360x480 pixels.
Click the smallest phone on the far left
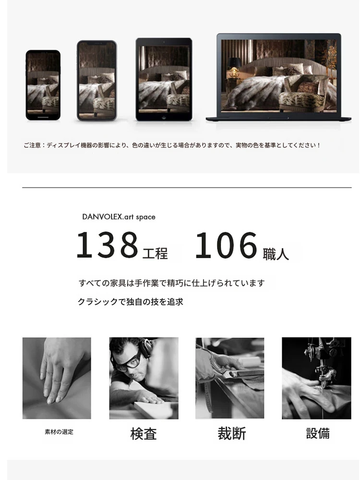(x=43, y=85)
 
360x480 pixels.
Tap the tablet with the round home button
(x=164, y=79)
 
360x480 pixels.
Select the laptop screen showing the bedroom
(x=279, y=75)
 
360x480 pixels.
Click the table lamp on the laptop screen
(x=234, y=68)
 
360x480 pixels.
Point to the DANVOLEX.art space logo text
(x=119, y=217)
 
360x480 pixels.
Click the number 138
(x=107, y=245)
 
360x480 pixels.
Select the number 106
(x=226, y=245)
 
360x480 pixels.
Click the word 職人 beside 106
(x=276, y=254)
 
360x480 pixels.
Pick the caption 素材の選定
(x=59, y=432)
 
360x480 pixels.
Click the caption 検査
(x=144, y=434)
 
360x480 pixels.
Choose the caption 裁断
(x=232, y=433)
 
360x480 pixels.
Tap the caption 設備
(x=318, y=433)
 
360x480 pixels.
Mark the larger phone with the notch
(x=97, y=81)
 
